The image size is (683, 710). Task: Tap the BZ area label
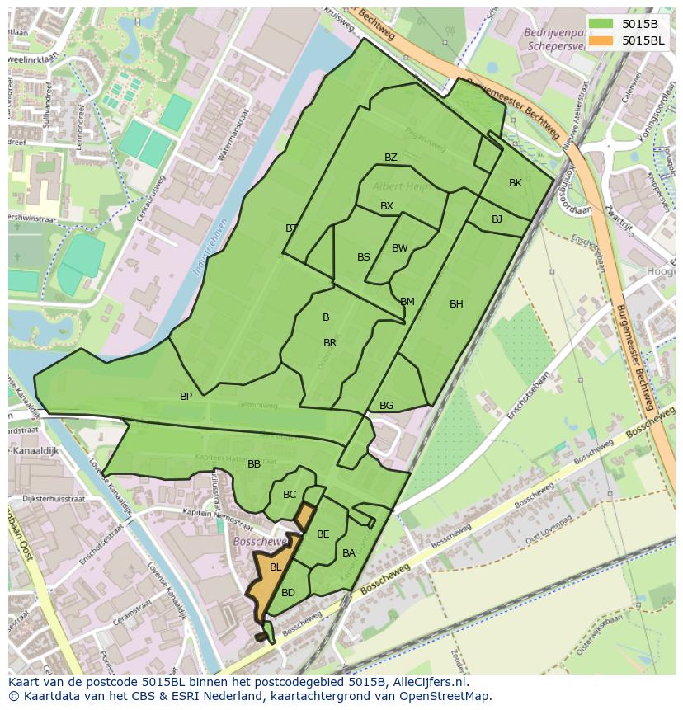tap(391, 158)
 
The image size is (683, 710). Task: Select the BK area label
tap(516, 183)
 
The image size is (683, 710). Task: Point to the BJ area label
tap(497, 219)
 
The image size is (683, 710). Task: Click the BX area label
tap(387, 206)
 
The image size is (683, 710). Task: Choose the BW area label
tap(400, 248)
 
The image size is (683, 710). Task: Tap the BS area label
tap(364, 257)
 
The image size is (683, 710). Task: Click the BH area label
tap(456, 304)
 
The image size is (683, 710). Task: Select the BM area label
tap(407, 302)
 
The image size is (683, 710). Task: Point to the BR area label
tap(330, 343)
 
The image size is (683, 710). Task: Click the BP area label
tap(186, 397)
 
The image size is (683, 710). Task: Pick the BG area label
tap(387, 406)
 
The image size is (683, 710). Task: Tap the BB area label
tap(254, 464)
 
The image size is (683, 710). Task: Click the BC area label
tap(290, 495)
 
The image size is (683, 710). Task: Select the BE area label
tap(323, 534)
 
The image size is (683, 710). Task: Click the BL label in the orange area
tap(276, 567)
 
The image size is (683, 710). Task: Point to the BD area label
tap(288, 593)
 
